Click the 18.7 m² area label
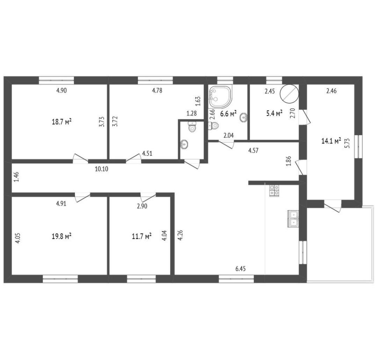point(62,122)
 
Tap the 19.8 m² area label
point(62,236)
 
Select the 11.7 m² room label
point(142,236)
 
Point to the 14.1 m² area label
point(331,141)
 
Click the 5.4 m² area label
point(274,113)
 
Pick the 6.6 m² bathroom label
point(229,113)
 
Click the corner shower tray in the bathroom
point(221,97)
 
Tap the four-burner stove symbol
point(274,191)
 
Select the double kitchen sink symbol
point(293,219)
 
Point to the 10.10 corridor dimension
point(101,169)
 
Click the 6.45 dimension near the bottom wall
point(240,269)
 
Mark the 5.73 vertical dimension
point(347,143)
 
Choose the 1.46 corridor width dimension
point(16,177)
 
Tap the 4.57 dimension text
point(253,151)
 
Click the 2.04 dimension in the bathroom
point(229,135)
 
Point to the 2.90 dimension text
point(142,206)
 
